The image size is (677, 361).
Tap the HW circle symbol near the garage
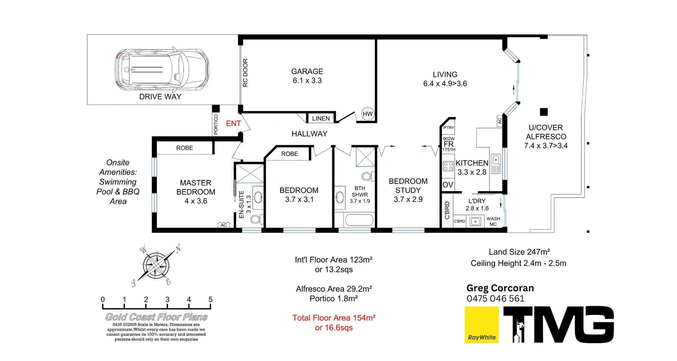click(x=368, y=114)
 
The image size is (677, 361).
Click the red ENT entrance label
click(x=233, y=123)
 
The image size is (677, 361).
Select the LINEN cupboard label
click(x=321, y=118)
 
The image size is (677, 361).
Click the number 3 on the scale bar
click(x=167, y=300)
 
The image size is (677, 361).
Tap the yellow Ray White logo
click(x=481, y=324)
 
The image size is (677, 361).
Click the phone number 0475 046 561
click(x=495, y=299)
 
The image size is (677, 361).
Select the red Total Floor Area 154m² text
click(x=334, y=318)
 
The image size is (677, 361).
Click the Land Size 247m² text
click(x=519, y=252)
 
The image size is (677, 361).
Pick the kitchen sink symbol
click(x=496, y=164)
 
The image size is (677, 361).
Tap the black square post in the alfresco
click(x=544, y=112)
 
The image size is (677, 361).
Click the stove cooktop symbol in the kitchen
click(x=448, y=166)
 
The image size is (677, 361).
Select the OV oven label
click(x=448, y=185)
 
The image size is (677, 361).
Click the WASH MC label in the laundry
click(x=493, y=221)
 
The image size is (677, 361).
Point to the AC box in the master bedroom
click(x=224, y=225)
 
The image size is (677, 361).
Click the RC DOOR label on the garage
click(x=245, y=73)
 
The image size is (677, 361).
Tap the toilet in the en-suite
click(x=256, y=219)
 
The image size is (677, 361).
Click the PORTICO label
click(x=216, y=124)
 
